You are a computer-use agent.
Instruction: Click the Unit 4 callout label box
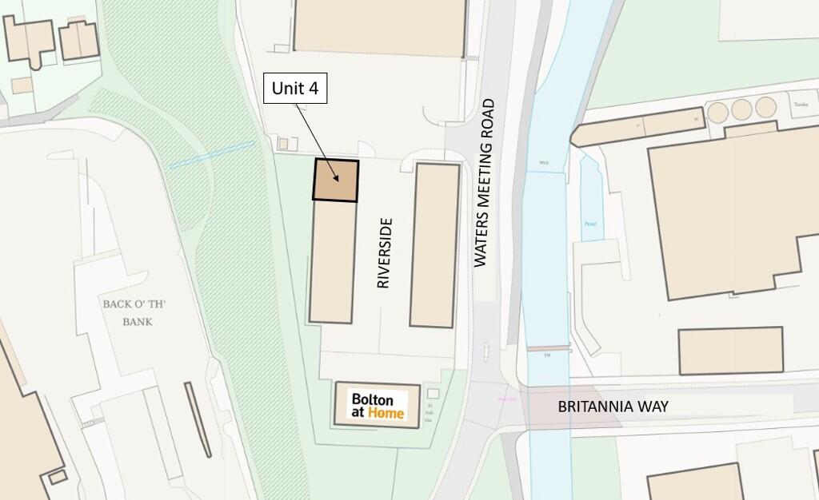click(295, 89)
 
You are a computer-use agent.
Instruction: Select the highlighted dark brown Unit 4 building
click(336, 180)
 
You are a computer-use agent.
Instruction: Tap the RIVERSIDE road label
click(384, 253)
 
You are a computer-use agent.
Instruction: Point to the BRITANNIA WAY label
click(613, 407)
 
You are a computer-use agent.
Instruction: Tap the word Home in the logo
click(386, 414)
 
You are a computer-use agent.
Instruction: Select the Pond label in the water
click(590, 224)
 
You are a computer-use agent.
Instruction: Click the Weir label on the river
click(544, 163)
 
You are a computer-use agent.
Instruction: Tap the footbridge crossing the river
click(548, 350)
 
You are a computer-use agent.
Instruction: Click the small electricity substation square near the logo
click(433, 394)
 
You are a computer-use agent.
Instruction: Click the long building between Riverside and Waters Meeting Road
click(435, 244)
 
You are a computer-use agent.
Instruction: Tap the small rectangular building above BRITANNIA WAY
click(730, 350)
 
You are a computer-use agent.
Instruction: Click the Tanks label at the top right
click(800, 104)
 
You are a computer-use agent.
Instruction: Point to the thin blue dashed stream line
click(211, 154)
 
